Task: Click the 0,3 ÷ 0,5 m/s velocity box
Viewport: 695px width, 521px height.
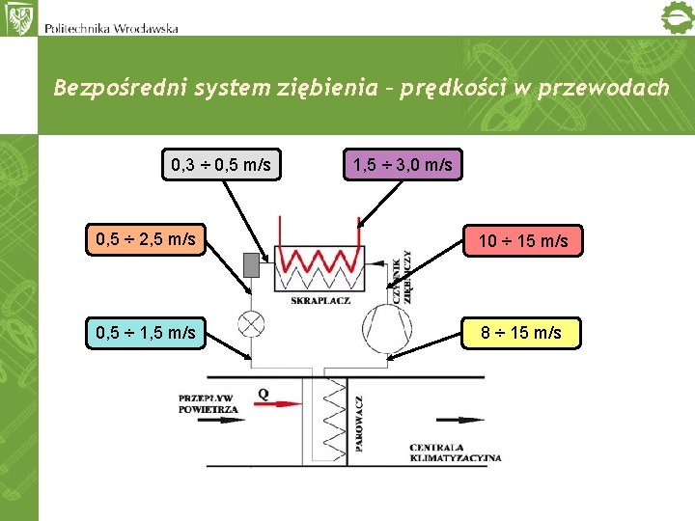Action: point(220,165)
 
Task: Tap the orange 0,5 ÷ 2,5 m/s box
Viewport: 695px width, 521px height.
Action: point(146,238)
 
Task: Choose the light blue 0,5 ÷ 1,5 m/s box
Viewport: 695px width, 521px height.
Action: point(146,333)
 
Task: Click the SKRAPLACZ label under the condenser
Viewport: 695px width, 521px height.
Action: point(320,301)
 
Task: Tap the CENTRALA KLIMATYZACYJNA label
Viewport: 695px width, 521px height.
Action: point(455,452)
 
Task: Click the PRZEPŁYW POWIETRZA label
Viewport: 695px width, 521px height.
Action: point(208,403)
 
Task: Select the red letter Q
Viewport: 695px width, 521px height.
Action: point(264,393)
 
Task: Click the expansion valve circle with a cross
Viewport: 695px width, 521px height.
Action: point(252,324)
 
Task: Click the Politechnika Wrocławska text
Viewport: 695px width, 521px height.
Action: point(111,28)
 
